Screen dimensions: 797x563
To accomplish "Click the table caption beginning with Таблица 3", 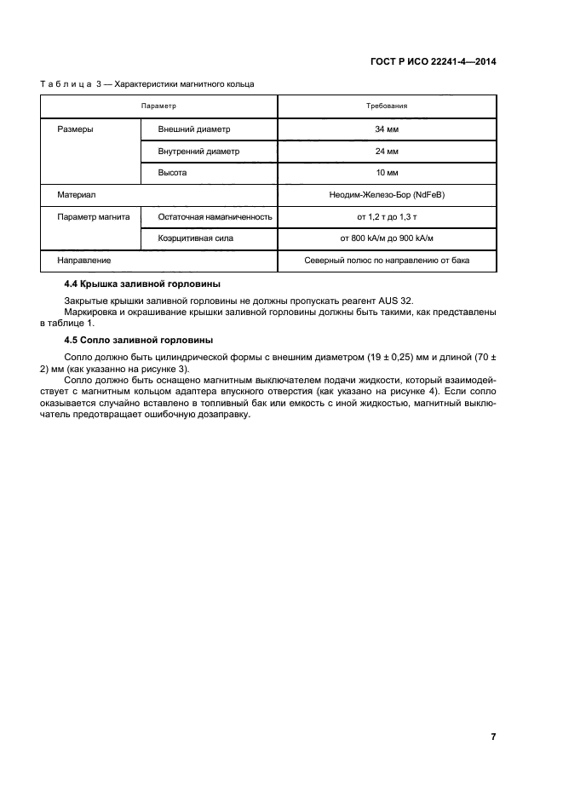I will (x=146, y=83).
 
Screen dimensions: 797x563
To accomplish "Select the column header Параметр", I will (x=158, y=106).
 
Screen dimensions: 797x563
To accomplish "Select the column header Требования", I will (x=387, y=106).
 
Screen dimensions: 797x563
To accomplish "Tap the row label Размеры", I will (x=75, y=129).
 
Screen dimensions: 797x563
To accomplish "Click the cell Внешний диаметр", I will (x=194, y=129).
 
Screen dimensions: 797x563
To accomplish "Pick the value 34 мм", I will (x=387, y=129).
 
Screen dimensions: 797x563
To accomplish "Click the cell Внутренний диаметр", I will (x=198, y=152).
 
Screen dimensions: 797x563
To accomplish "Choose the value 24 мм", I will (x=387, y=152).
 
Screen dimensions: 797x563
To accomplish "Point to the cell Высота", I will (x=172, y=173).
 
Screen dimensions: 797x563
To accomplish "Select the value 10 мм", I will (x=387, y=173).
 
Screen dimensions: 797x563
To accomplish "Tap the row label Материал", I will (x=76, y=195).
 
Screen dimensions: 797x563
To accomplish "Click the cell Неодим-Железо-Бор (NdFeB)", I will (x=387, y=195).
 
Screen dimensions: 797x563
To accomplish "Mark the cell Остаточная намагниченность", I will (x=215, y=217).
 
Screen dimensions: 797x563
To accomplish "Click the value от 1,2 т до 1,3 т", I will (x=387, y=217).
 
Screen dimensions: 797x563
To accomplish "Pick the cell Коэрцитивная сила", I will (x=196, y=238).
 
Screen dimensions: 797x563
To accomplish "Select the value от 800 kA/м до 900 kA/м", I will (x=387, y=238).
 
